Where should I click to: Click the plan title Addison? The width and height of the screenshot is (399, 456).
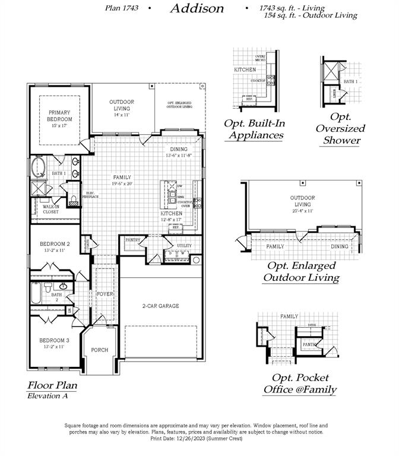(x=197, y=8)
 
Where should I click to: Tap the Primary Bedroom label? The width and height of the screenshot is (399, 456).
(x=59, y=116)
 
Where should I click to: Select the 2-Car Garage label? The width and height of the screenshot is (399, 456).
(x=160, y=306)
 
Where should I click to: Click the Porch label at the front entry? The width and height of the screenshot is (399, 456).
(x=100, y=350)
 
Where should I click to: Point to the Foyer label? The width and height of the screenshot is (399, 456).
(x=105, y=294)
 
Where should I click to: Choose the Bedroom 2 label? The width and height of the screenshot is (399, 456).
(x=55, y=244)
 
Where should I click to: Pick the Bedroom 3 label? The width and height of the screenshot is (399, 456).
(x=55, y=340)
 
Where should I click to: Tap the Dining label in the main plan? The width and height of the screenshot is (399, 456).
(x=178, y=149)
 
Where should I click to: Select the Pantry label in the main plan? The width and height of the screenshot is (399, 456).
(x=132, y=240)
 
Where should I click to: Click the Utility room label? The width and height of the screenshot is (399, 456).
(x=184, y=245)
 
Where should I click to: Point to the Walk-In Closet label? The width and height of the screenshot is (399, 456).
(x=50, y=209)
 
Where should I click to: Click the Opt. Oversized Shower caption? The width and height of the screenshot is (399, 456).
(x=340, y=128)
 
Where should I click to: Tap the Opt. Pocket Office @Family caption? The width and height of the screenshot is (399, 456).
(x=300, y=384)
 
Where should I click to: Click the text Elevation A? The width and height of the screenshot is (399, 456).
(x=47, y=396)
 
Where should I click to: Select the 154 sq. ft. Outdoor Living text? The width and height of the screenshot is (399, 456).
(x=311, y=15)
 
